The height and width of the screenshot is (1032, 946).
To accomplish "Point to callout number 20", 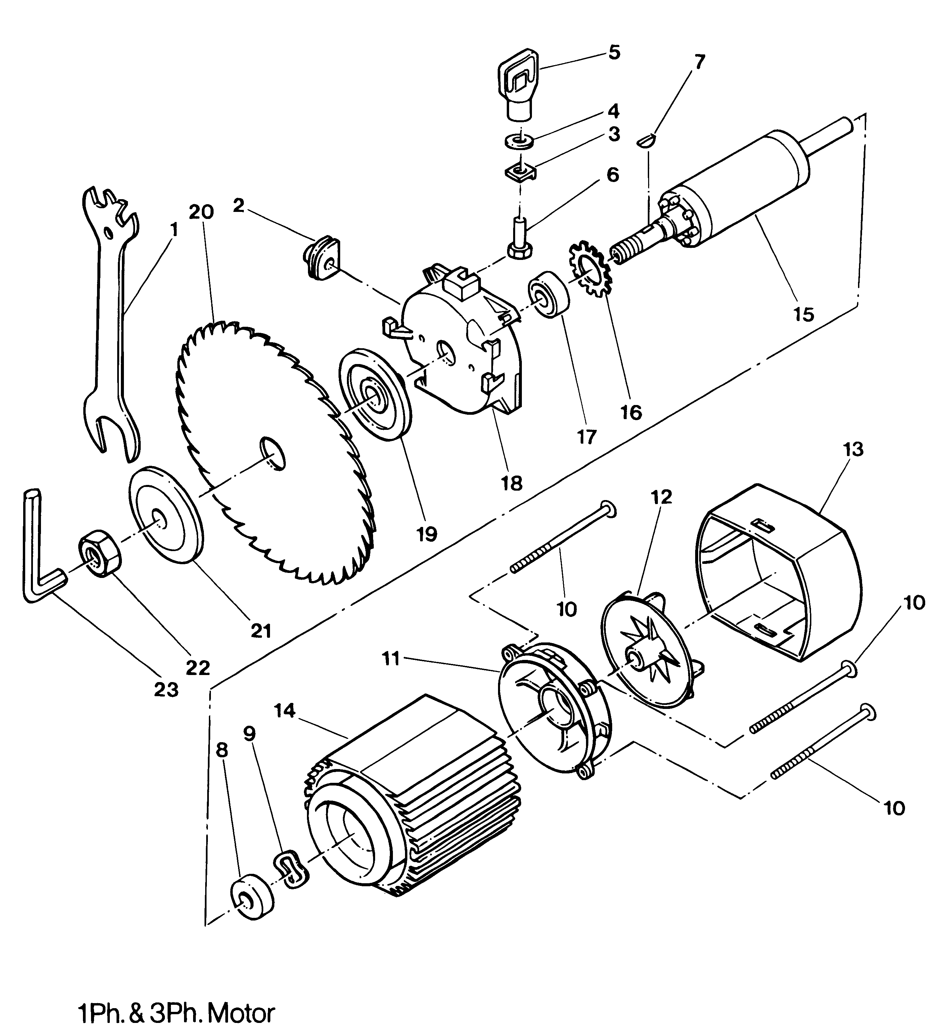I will [201, 212].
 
